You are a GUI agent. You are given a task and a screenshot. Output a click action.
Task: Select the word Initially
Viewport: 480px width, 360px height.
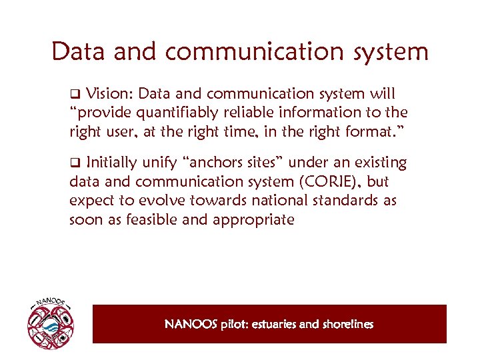(111, 162)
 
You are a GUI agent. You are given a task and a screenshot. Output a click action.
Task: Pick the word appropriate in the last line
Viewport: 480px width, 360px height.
(253, 220)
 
